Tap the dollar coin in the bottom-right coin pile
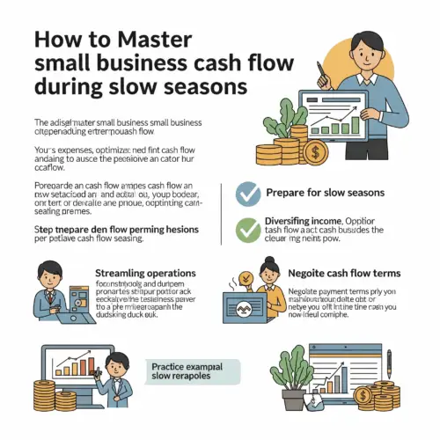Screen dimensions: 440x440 (x=384, y=391)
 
